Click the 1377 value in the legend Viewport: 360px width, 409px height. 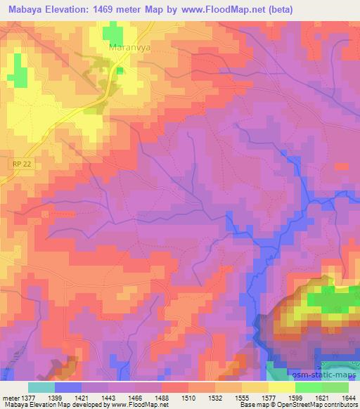[x=27, y=397]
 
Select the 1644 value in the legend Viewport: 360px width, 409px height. [x=349, y=397]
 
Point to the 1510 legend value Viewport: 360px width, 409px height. [x=188, y=397]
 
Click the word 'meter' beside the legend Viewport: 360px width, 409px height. [x=9, y=397]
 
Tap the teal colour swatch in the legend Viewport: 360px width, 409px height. [x=41, y=387]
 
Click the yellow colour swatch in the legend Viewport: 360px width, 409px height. [x=282, y=387]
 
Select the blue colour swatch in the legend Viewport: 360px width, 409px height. [x=68, y=387]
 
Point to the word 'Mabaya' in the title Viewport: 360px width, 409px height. [x=21, y=9]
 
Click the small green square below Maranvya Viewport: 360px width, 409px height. [x=121, y=69]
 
